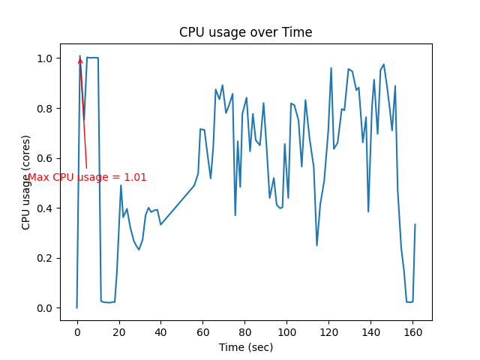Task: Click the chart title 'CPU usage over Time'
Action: pos(245,33)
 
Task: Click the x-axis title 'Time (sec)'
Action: pos(245,347)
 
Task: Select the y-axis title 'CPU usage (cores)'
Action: pos(26,182)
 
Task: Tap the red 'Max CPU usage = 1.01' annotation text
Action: pos(87,178)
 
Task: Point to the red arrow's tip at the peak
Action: pos(79,57)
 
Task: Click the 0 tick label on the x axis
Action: pos(76,332)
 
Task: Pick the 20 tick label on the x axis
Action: pos(118,332)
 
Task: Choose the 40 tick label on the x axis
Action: pos(160,332)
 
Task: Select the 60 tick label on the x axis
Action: pos(202,332)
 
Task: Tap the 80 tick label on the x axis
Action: pos(244,332)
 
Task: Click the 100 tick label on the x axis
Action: pos(286,332)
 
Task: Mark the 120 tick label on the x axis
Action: pos(328,332)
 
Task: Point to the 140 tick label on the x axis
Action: pos(370,332)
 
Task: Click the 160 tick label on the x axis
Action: pos(412,332)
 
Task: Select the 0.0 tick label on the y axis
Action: pos(46,308)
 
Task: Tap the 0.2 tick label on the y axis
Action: pos(46,258)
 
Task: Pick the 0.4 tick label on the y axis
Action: pos(46,208)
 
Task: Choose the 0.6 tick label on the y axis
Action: pos(46,158)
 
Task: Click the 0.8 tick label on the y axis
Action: pos(46,109)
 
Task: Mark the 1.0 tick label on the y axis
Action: pos(46,58)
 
